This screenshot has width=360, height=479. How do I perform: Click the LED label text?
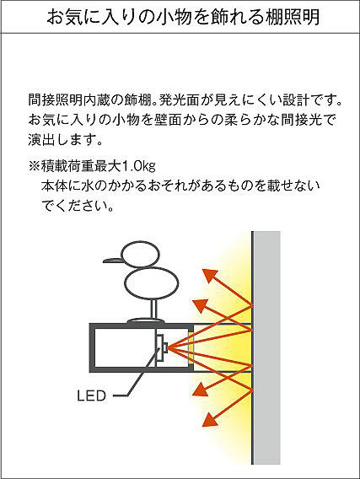tap(91, 396)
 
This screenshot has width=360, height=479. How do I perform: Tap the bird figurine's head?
tap(141, 254)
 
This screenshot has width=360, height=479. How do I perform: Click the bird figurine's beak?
tap(113, 261)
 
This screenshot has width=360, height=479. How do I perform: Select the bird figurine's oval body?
tap(152, 283)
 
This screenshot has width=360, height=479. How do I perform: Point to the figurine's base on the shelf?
tap(146, 321)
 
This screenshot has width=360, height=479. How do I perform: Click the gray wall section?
tap(267, 347)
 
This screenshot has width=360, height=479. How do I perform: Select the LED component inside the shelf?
tap(162, 347)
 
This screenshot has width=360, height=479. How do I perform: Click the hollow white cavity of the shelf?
tap(125, 347)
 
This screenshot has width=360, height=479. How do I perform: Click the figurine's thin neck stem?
tap(153, 309)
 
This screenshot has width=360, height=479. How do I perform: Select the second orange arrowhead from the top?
tap(201, 306)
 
